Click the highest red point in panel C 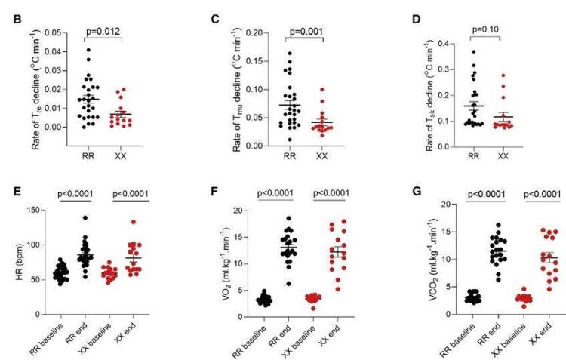(324, 89)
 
